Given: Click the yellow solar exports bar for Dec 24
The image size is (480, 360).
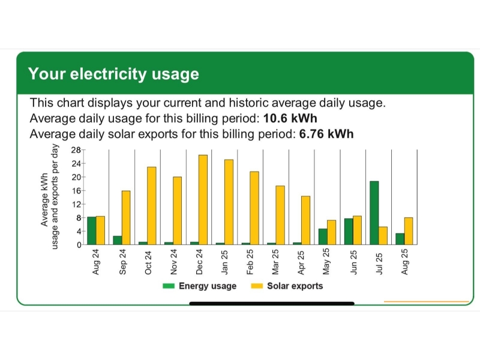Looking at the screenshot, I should click(x=203, y=200).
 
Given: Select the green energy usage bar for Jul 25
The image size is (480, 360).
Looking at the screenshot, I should click(x=374, y=213).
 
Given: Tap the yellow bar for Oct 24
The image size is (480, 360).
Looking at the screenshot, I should click(x=151, y=206).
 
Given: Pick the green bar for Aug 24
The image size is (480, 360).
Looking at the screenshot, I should click(x=92, y=231).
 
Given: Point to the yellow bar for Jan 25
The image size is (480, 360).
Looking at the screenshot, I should click(x=229, y=202).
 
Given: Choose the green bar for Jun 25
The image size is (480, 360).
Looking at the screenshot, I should click(x=349, y=232).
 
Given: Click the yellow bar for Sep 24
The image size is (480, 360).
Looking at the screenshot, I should click(x=126, y=218).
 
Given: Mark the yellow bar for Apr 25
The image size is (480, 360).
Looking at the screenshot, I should click(x=305, y=220).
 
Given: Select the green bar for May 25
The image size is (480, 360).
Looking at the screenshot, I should click(x=323, y=236).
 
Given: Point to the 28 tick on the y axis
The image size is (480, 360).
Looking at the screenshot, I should click(x=76, y=150).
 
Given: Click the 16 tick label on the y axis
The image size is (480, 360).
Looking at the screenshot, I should click(x=76, y=191).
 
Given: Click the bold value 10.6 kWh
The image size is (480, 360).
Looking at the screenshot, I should click(x=290, y=118).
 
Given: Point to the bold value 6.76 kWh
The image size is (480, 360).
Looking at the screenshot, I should click(x=326, y=133).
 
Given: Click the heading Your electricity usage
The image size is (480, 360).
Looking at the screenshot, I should click(x=113, y=74).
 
